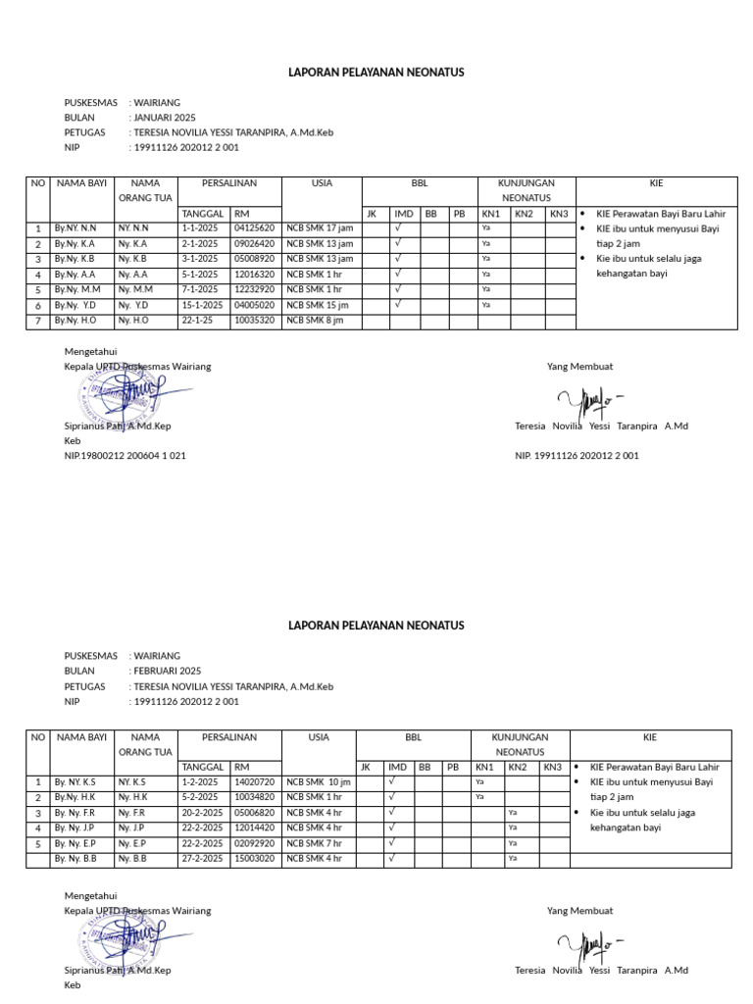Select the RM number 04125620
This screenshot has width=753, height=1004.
[x=254, y=228]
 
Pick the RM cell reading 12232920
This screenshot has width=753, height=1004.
[x=254, y=289]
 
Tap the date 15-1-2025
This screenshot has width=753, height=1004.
[x=202, y=305]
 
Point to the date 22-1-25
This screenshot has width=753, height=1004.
[x=198, y=321]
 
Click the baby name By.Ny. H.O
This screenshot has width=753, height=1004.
[x=75, y=321]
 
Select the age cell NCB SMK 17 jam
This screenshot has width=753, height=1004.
[x=320, y=228]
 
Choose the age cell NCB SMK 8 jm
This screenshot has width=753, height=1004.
[x=315, y=321]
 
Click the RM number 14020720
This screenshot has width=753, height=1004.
[x=254, y=782]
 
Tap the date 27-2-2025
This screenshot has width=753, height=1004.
[x=202, y=859]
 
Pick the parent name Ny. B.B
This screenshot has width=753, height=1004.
[x=133, y=859]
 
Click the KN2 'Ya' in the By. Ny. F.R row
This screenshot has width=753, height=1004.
[x=513, y=813]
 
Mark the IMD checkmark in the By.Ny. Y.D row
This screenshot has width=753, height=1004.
[x=398, y=304]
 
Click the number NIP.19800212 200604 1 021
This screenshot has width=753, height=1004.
[x=125, y=456]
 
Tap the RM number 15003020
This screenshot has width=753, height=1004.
[x=254, y=859]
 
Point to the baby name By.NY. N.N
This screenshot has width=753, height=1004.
[x=75, y=228]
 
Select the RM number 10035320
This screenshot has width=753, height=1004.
[x=254, y=321]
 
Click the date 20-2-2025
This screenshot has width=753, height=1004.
[x=202, y=813]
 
